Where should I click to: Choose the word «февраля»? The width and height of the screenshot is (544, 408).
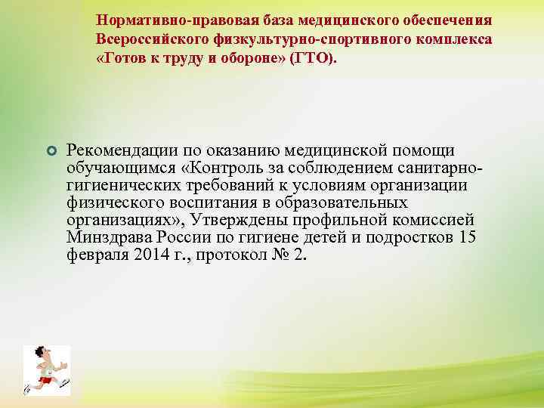94,255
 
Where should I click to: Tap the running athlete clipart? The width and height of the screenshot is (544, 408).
46,370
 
